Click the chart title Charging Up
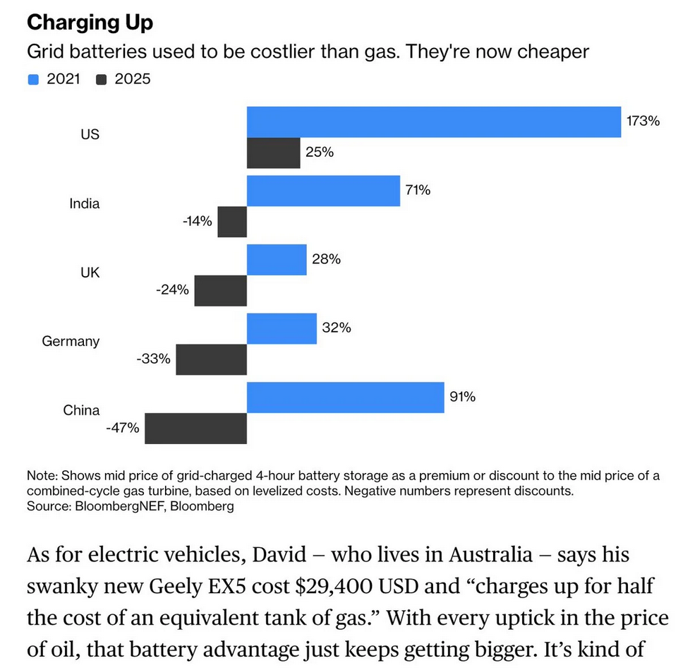click(x=90, y=23)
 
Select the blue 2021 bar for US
click(x=433, y=122)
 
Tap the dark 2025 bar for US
click(x=273, y=153)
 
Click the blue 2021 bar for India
click(x=323, y=191)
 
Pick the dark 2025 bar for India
click(x=232, y=222)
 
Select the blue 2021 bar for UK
click(x=277, y=260)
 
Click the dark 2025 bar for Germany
click(x=211, y=359)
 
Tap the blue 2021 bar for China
click(x=345, y=398)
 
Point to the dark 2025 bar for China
click(x=195, y=428)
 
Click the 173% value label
click(x=643, y=121)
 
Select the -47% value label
click(x=123, y=427)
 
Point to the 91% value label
click(x=462, y=397)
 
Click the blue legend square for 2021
click(x=32, y=79)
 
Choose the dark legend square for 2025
click(x=101, y=79)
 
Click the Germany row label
click(x=71, y=341)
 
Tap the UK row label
click(x=90, y=272)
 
